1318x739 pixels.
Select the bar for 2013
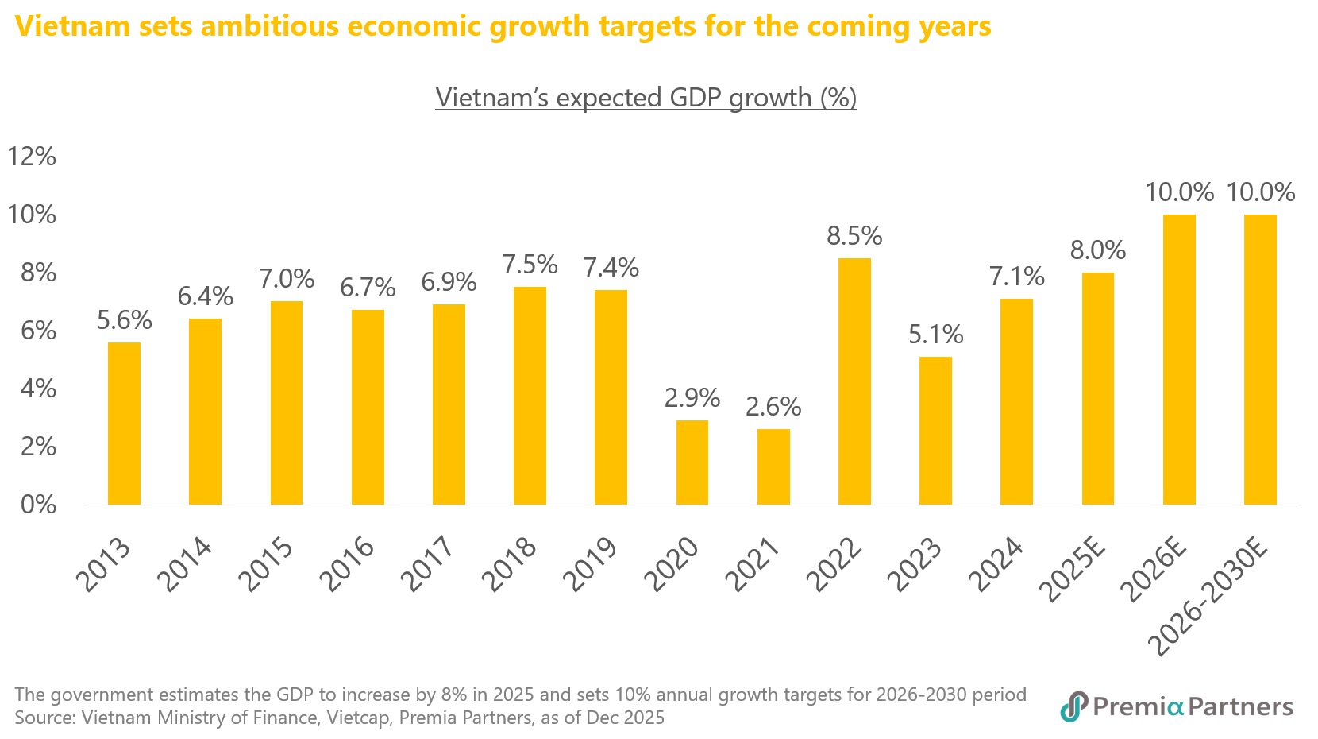click(124, 424)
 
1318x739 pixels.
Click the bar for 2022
click(854, 381)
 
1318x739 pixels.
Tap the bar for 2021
click(773, 467)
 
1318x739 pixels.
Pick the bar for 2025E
click(1098, 389)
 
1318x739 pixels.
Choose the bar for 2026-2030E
click(1260, 360)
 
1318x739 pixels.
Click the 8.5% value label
click(854, 236)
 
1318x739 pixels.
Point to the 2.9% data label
click(692, 398)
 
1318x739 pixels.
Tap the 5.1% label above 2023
click(935, 335)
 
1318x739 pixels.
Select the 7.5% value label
click(530, 265)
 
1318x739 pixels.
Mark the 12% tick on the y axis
click(32, 157)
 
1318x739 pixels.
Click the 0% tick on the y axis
click(38, 505)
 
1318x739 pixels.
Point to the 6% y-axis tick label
click(38, 331)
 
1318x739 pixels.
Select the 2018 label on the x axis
click(511, 565)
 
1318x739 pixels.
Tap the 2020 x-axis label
click(673, 565)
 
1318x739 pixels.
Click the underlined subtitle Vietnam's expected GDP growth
click(646, 98)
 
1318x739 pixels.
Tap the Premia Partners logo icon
click(1073, 706)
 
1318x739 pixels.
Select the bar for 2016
click(368, 408)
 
